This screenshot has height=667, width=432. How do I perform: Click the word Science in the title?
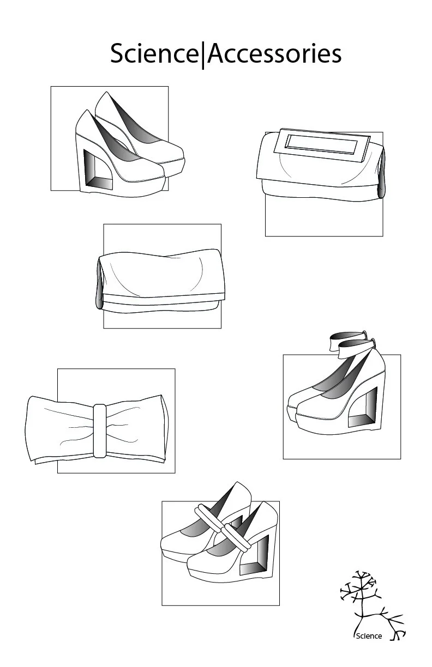click(x=154, y=54)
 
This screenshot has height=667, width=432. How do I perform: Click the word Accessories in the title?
click(x=274, y=54)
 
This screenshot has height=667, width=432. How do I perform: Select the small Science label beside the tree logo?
click(x=369, y=636)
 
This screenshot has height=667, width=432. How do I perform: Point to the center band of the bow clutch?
click(x=99, y=430)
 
